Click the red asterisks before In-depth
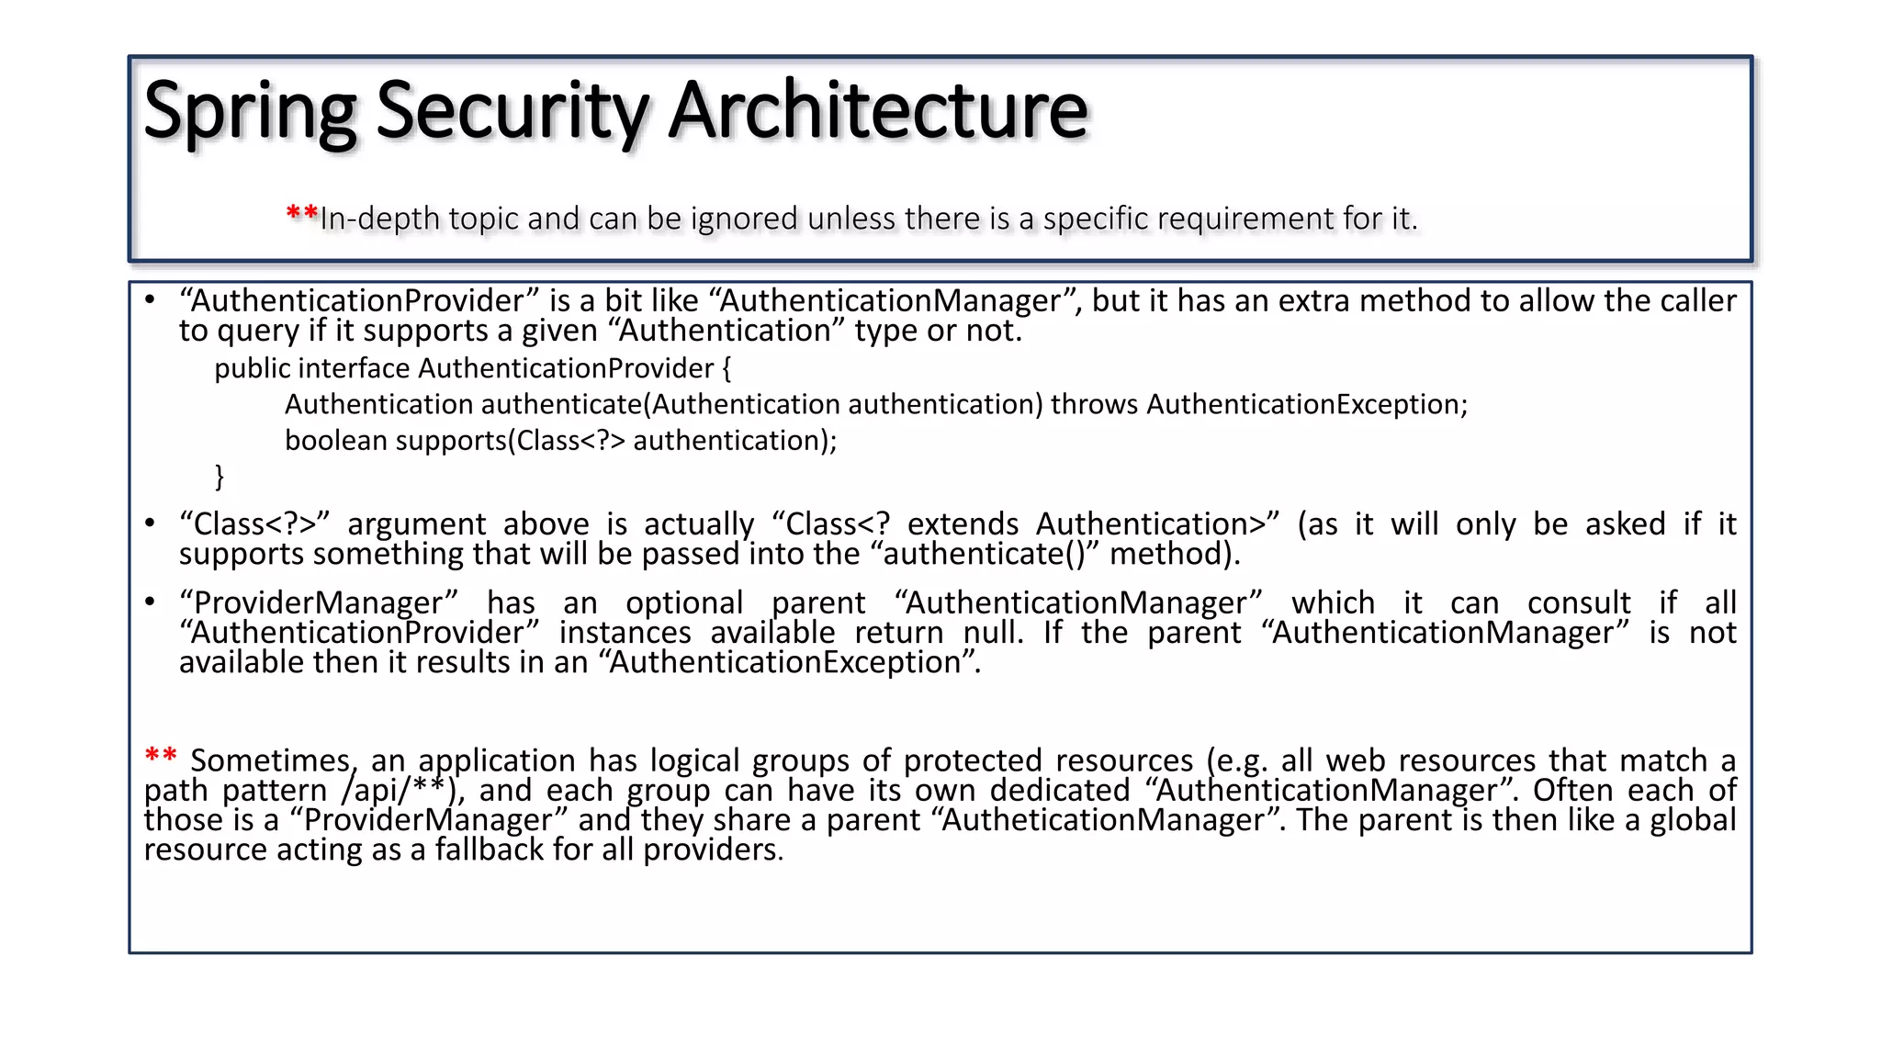click(302, 216)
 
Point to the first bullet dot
click(150, 299)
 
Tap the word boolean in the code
click(336, 441)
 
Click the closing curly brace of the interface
click(220, 476)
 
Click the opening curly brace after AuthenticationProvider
click(726, 368)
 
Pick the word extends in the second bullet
click(963, 523)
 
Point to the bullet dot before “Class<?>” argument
click(150, 523)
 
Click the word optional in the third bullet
click(684, 602)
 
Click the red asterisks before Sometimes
click(161, 757)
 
